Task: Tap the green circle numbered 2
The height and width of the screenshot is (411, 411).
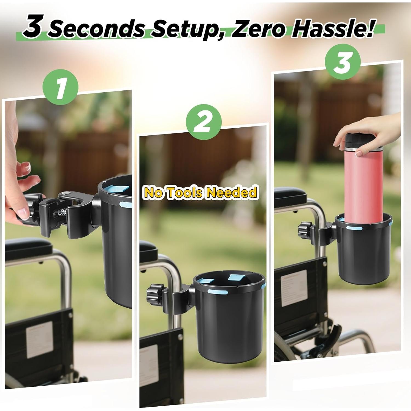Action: (x=204, y=123)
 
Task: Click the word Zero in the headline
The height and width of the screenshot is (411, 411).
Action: (x=258, y=28)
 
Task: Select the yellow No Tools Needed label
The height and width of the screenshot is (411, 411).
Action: (x=201, y=192)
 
